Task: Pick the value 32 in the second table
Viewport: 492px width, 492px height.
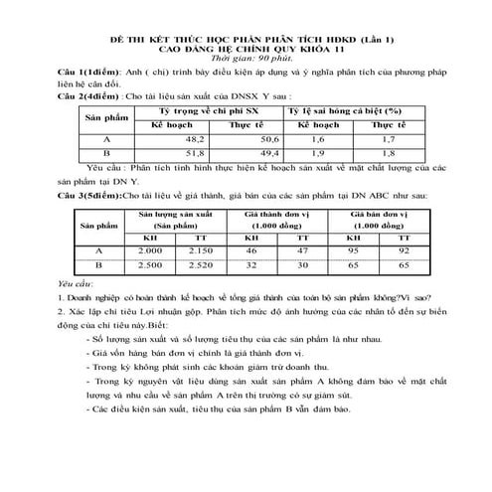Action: pos(251,266)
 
